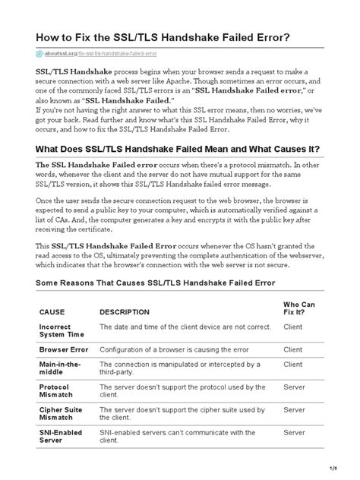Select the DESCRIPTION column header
pyautogui.click(x=125, y=311)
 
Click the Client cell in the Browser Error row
pyautogui.click(x=292, y=349)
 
